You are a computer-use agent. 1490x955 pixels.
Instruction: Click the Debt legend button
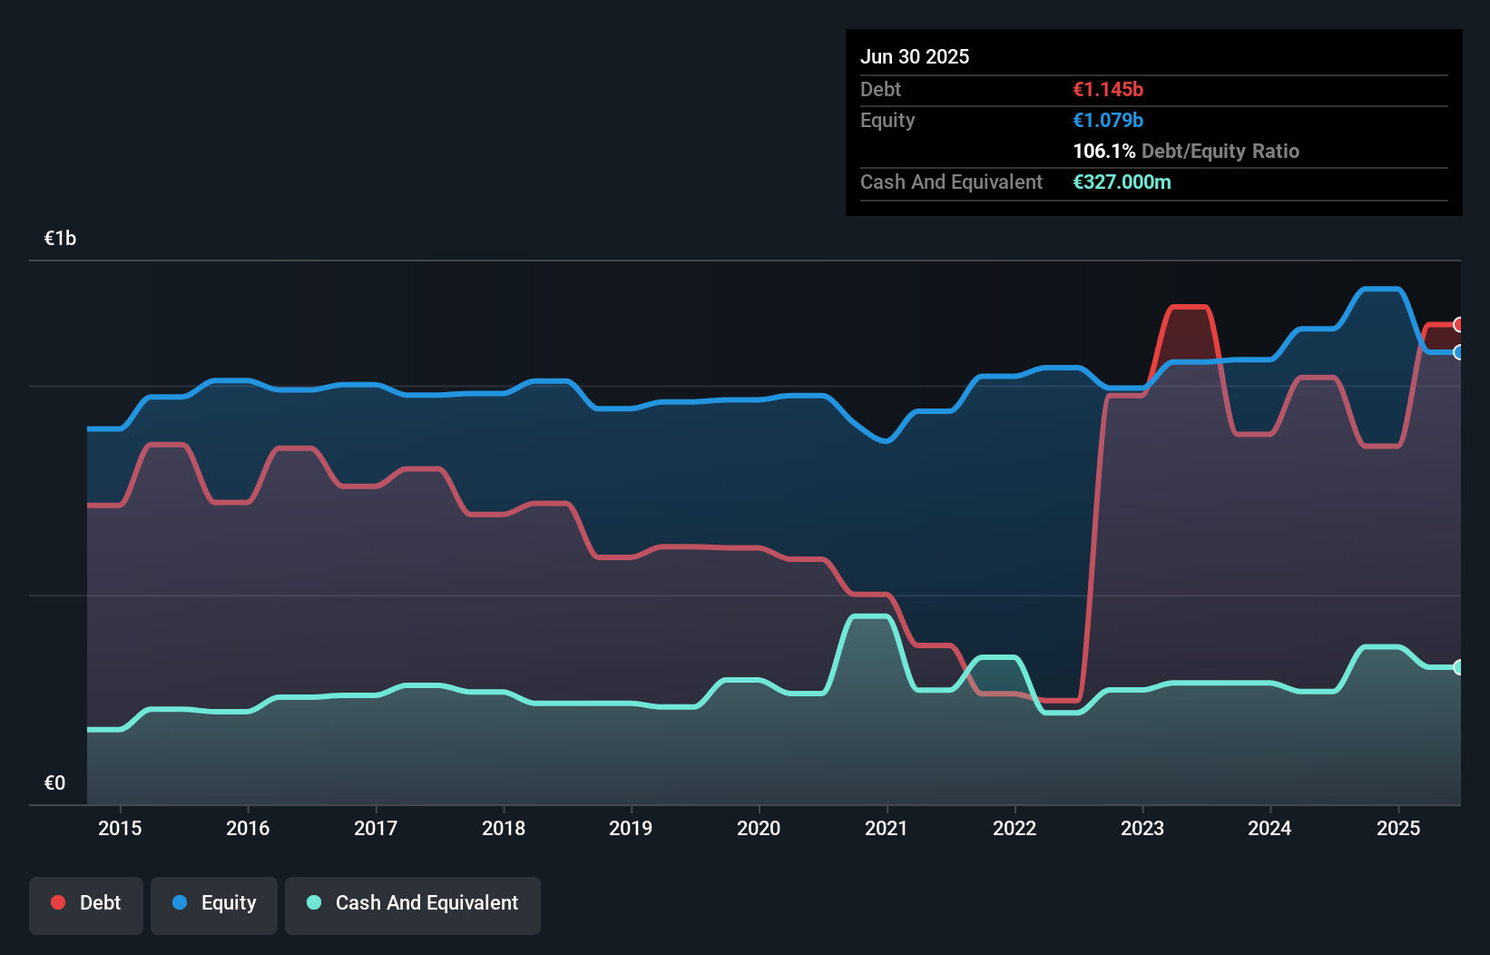(x=86, y=904)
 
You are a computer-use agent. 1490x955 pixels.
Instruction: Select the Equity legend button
(x=214, y=904)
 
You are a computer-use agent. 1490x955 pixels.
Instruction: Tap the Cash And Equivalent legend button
(x=413, y=904)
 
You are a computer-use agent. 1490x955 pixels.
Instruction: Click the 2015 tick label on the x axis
(x=120, y=828)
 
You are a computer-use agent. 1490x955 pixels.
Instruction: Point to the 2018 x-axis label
(x=504, y=828)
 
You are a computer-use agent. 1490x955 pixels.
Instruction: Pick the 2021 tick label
(x=886, y=828)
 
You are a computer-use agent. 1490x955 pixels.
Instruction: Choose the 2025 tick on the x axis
(x=1397, y=828)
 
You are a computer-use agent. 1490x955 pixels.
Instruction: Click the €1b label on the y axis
(x=60, y=239)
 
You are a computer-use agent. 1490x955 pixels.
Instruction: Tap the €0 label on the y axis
(x=54, y=783)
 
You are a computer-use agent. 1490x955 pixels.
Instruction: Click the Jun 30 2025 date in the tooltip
(x=915, y=57)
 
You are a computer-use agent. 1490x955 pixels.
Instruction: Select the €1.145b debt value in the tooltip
(x=1108, y=90)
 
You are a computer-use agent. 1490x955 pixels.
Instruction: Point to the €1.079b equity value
(x=1108, y=121)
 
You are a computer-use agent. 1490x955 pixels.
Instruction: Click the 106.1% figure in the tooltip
(x=1103, y=152)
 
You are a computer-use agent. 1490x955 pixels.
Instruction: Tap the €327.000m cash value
(x=1122, y=182)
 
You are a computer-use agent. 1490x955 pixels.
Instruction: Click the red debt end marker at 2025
(x=1459, y=325)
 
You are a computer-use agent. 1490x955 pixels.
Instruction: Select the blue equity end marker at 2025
(x=1459, y=352)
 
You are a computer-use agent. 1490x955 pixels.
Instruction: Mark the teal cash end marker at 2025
(x=1459, y=667)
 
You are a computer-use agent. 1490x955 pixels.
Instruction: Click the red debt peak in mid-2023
(x=1190, y=308)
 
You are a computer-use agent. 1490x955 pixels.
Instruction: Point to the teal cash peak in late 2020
(x=869, y=616)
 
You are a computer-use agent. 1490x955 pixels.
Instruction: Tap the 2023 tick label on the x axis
(x=1142, y=828)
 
